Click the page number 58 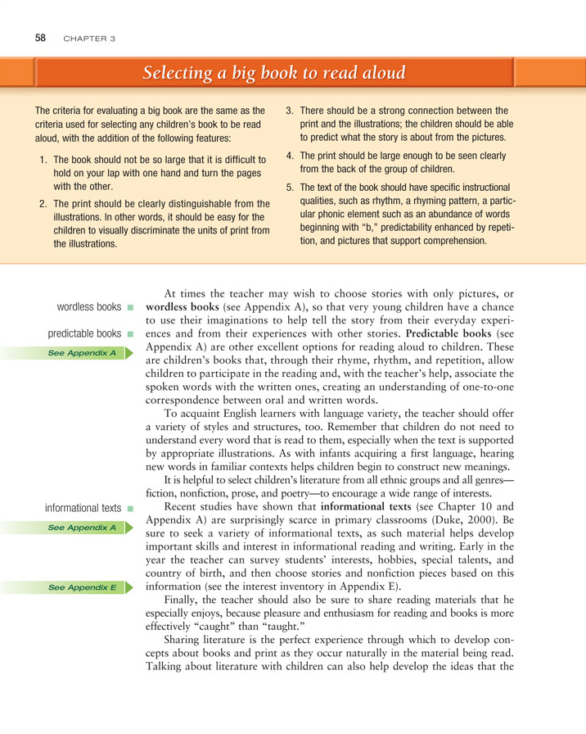(x=40, y=38)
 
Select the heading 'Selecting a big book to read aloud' (x=273, y=74)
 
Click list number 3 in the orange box (x=290, y=111)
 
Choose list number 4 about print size (x=290, y=155)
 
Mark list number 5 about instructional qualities (x=290, y=187)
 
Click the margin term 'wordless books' (x=89, y=307)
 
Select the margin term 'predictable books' (x=84, y=334)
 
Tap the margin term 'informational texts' (x=83, y=508)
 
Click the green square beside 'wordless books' (x=130, y=308)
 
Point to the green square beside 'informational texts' (x=130, y=509)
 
